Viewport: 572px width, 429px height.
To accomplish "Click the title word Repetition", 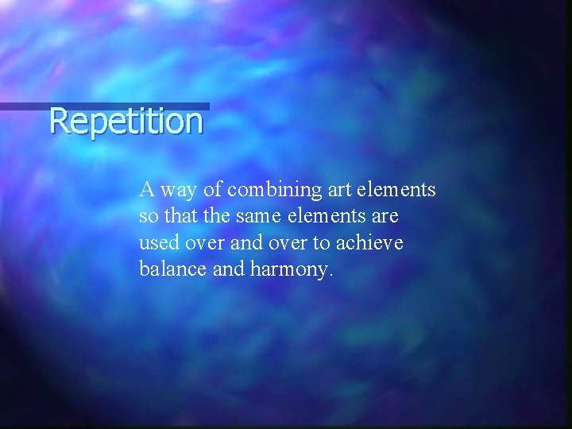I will coord(126,122).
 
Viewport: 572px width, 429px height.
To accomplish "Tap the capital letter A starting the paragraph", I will coord(146,190).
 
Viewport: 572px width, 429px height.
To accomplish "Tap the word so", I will coord(147,217).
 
